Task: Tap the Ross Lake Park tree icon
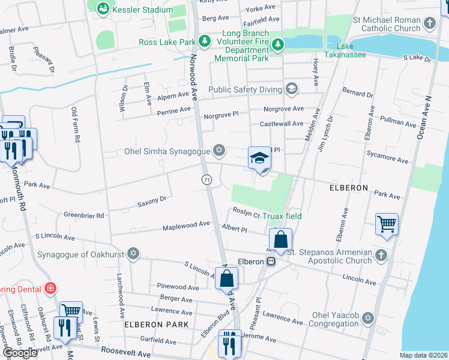click(205, 41)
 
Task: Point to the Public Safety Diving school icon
click(292, 89)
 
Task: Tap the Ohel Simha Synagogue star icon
click(220, 150)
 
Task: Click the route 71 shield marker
click(206, 179)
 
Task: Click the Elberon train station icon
click(271, 262)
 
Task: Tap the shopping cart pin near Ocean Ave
click(387, 224)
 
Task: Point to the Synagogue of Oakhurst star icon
click(133, 254)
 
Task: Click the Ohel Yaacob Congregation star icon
click(367, 317)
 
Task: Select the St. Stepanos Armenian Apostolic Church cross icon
click(380, 256)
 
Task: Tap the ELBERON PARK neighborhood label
click(156, 324)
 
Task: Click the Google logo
click(20, 353)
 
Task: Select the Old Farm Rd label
click(75, 125)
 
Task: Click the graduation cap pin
click(259, 158)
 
